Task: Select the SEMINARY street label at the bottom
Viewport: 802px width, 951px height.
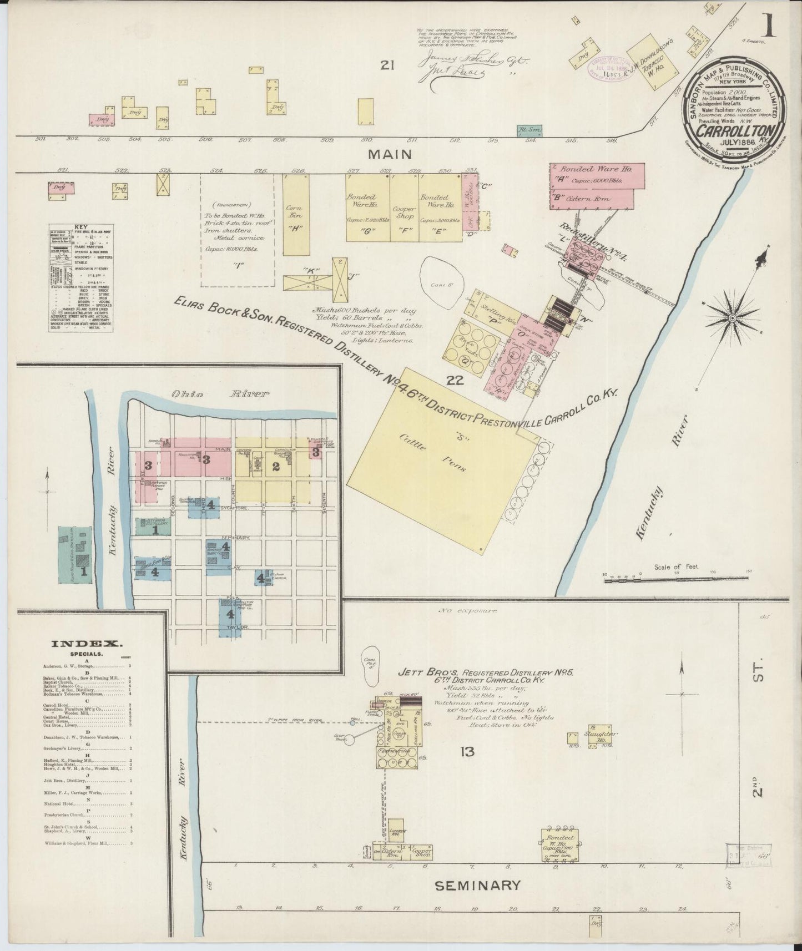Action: (x=477, y=885)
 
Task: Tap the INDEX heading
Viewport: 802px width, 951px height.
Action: (x=87, y=644)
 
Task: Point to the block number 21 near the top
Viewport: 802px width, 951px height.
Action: (x=387, y=66)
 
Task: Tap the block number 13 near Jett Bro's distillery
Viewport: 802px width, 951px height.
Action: (x=467, y=752)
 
